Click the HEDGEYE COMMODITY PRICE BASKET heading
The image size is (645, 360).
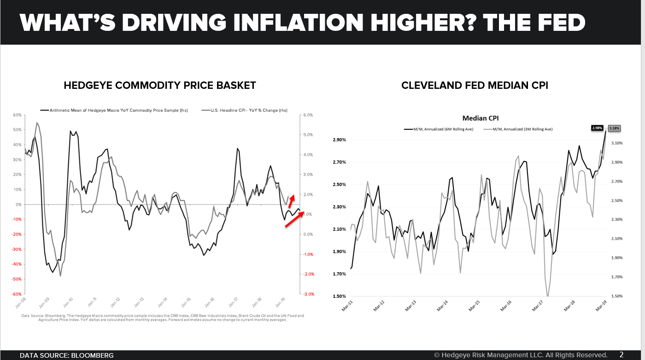160,85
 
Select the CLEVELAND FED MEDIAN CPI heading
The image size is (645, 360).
475,85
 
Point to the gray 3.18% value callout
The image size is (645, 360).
615,128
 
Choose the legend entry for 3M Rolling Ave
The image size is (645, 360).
518,129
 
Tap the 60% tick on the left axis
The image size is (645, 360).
17,115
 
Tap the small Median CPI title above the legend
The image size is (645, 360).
480,118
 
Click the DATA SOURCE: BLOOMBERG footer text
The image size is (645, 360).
66,355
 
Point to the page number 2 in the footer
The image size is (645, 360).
622,355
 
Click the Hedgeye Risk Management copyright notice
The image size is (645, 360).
521,355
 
